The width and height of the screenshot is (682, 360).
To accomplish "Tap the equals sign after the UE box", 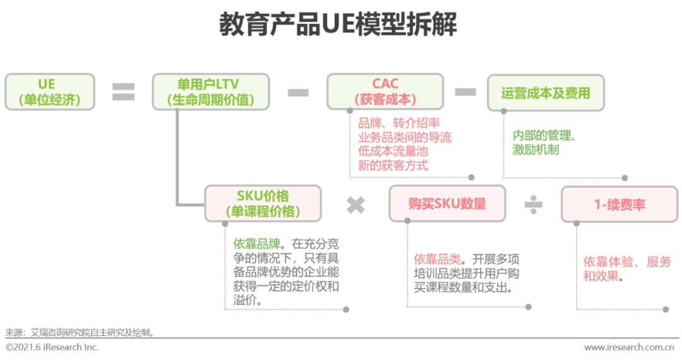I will pyautogui.click(x=123, y=92).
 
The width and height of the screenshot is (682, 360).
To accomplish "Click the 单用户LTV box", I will pyautogui.click(x=210, y=92).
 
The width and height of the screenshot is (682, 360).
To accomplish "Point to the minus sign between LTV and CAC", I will pyautogui.click(x=297, y=93).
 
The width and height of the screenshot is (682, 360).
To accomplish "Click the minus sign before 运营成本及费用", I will pyautogui.click(x=465, y=92).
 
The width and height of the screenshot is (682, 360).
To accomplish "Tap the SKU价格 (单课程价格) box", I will pyautogui.click(x=263, y=203).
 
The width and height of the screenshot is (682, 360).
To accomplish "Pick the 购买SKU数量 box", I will pyautogui.click(x=447, y=203).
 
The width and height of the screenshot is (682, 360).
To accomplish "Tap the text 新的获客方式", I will pyautogui.click(x=393, y=165).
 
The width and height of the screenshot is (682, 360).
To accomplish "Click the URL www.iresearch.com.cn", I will pyautogui.click(x=628, y=348).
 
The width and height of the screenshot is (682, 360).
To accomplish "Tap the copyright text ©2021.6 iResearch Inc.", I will pyautogui.click(x=52, y=348).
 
